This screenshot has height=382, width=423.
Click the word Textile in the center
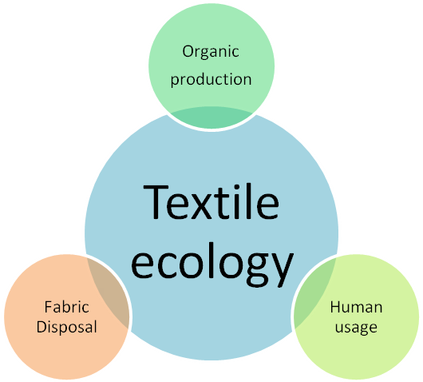pos(211,201)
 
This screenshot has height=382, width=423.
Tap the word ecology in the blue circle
pos(212,265)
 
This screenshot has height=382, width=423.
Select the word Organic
pos(211,52)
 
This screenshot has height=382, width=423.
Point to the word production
pos(211,79)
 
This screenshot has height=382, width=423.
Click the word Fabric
pos(66,307)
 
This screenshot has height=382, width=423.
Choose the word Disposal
pos(66,328)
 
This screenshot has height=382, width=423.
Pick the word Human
pos(356,307)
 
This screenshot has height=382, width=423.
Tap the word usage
pos(356,328)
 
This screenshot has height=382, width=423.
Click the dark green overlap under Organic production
pos(211,117)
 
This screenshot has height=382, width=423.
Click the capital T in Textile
pos(156,201)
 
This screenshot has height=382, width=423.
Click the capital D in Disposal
pos(42,327)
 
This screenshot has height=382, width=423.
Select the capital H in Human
pos(335,307)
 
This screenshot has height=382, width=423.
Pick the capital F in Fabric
pos(49,307)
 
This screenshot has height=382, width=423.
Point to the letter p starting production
pos(175,81)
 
